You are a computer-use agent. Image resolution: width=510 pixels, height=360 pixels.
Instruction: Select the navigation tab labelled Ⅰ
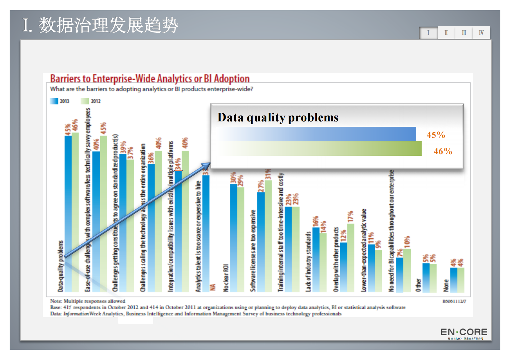428,33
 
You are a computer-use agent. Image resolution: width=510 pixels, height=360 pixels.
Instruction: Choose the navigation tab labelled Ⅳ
481,33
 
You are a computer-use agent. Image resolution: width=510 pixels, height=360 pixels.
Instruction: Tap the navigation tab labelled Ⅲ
464,33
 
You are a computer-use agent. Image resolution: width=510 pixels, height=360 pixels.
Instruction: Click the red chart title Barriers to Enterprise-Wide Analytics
150,79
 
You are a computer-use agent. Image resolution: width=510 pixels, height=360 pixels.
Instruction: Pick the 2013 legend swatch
54,101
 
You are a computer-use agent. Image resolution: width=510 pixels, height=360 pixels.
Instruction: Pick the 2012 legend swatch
85,101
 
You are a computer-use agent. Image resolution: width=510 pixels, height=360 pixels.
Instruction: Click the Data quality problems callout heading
278,118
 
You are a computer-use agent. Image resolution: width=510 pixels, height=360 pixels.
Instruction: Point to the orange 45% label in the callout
436,135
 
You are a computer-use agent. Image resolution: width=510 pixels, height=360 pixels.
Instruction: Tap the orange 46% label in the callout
443,151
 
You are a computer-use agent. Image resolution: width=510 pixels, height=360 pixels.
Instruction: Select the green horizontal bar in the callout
321,149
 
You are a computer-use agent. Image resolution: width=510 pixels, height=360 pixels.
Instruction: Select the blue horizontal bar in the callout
318,134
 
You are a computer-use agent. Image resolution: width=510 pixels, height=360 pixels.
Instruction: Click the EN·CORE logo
464,332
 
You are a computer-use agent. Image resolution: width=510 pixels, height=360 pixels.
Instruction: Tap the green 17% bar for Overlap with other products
351,257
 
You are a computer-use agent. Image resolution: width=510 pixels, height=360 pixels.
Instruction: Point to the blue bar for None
453,280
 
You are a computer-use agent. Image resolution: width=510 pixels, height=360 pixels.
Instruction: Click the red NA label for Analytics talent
213,287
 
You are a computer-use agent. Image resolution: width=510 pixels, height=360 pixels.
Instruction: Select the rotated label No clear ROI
226,278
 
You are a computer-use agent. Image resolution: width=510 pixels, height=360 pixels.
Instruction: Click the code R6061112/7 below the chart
454,301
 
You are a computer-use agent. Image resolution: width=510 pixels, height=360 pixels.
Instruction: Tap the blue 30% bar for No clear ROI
234,238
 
